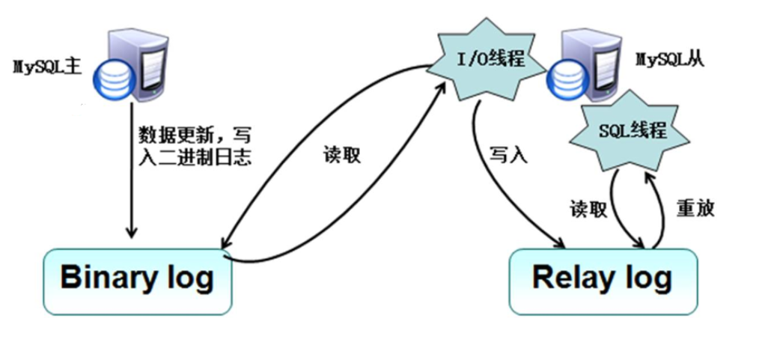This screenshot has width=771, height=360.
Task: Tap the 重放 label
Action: point(695,208)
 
